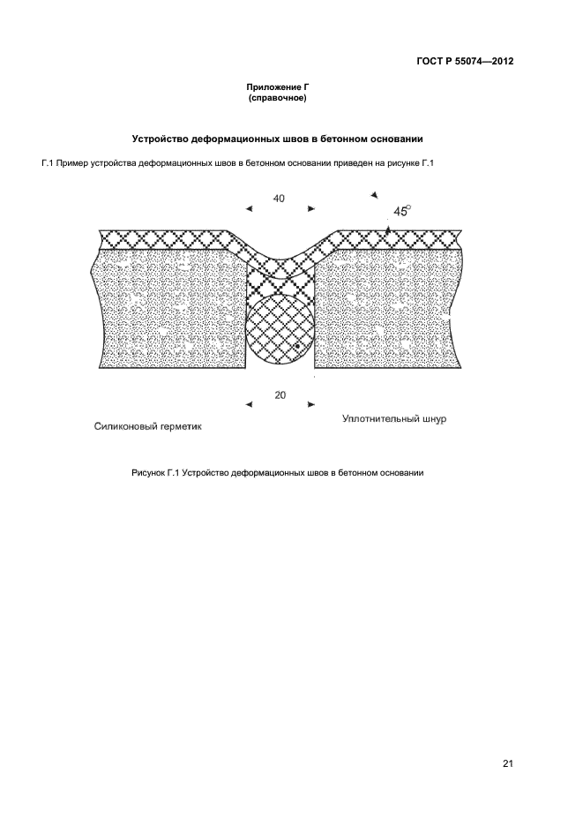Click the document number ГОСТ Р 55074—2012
point(466,62)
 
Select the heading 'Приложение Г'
point(279,88)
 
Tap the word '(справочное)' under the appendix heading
point(279,98)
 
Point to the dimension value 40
point(279,199)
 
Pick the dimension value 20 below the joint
point(280,395)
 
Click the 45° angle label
point(401,211)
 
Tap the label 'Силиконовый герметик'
point(148,425)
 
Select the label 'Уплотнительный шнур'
point(393,419)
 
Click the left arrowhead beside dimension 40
point(249,209)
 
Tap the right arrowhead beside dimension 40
point(310,209)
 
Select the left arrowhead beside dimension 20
point(249,405)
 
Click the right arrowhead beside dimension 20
point(310,405)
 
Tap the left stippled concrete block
point(168,309)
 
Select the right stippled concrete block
point(388,309)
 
